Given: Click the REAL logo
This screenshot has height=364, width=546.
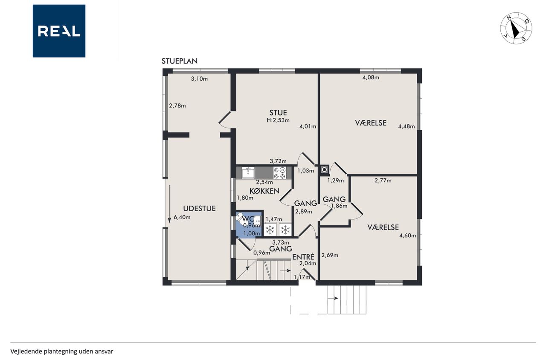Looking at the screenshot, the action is point(59,31).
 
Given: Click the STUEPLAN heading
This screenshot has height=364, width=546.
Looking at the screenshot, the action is point(180,61).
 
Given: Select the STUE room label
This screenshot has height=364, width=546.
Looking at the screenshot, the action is point(278,113).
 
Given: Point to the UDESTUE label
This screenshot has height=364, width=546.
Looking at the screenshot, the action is point(199,208).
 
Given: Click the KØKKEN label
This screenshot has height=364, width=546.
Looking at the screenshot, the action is point(264,191).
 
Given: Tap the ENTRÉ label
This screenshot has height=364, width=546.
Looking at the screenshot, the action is point(303,257).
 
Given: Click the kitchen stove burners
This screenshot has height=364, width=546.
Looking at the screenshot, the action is point(279,173).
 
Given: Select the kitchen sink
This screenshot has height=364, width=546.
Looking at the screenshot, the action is point(248,173).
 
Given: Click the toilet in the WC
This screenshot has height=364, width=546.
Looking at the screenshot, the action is point(241,218).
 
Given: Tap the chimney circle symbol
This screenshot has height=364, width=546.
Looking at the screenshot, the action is point(325,170).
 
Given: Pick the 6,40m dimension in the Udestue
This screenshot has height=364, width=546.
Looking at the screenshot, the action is point(182,217).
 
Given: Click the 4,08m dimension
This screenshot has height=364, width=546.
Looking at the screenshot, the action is point(371,78).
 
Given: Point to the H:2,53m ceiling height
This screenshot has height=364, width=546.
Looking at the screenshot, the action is point(278,120).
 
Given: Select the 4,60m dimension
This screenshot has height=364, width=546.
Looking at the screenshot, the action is point(407,236).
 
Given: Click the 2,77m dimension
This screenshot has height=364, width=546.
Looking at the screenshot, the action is point(383,181).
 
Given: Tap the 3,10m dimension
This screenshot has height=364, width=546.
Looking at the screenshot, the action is point(199,79).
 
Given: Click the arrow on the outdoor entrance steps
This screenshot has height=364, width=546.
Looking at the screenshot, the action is point(333,298).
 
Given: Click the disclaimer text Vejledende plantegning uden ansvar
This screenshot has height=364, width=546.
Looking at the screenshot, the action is point(62,351).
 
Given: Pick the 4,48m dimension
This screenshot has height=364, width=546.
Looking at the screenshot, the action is point(407,126).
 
